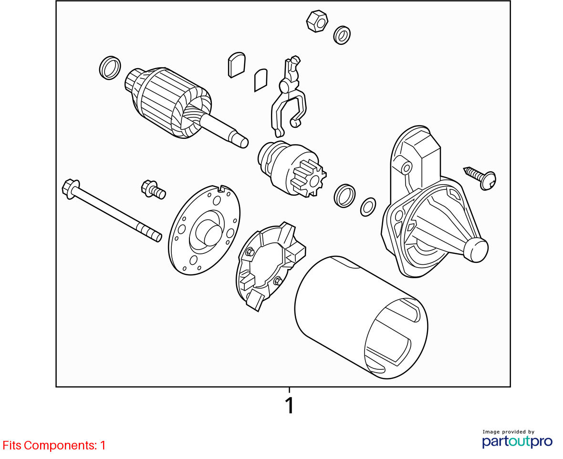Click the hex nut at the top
(317, 21)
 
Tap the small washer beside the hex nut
(342, 35)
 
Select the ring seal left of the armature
(110, 68)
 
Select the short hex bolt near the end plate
(154, 189)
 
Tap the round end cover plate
(204, 230)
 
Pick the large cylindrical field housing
(361, 317)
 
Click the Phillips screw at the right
(480, 178)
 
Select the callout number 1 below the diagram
(290, 406)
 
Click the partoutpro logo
(517, 441)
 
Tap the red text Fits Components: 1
(54, 446)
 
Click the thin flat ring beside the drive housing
(368, 207)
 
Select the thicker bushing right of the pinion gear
(344, 196)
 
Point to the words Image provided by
(509, 432)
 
